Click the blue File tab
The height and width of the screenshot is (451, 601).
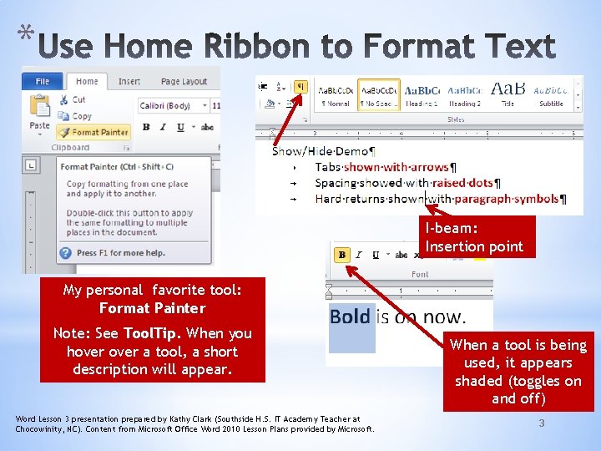tap(42, 81)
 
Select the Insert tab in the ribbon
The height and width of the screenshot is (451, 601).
tap(129, 81)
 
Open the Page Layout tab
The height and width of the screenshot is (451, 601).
tap(184, 81)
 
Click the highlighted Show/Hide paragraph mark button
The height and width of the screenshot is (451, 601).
tap(300, 86)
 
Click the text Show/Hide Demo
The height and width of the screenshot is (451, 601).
tap(324, 152)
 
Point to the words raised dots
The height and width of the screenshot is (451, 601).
tap(462, 183)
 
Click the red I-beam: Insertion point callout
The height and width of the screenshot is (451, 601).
tap(474, 238)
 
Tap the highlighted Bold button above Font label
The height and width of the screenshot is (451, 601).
tap(341, 255)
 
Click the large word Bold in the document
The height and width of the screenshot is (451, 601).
tap(350, 317)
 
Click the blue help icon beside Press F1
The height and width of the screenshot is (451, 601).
tap(65, 252)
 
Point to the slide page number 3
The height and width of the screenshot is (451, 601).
tap(541, 423)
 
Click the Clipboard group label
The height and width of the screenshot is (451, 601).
tap(70, 148)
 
